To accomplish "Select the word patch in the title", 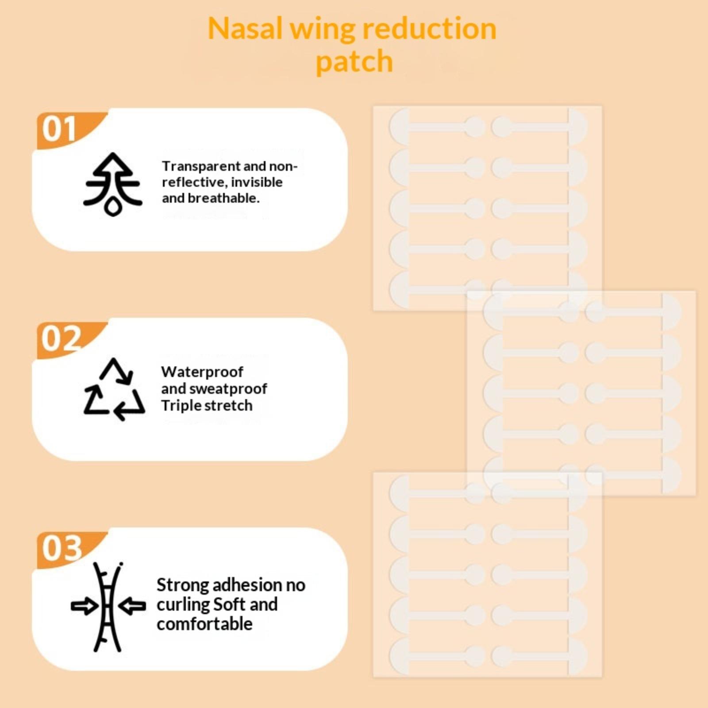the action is [x=354, y=62].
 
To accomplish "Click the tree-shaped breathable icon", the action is [x=113, y=184].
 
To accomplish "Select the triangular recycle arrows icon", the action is [x=114, y=389].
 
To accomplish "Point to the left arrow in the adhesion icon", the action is [x=85, y=606].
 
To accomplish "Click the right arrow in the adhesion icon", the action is [x=132, y=606].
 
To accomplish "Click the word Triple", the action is [x=179, y=406].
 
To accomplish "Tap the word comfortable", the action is [x=204, y=624].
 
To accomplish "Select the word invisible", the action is [x=257, y=182].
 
